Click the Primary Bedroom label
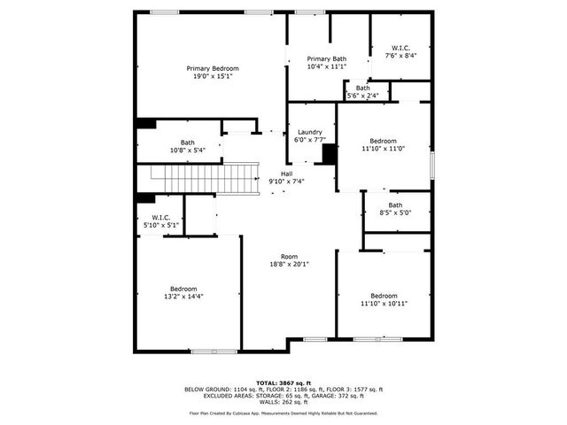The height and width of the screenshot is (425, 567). (212, 68)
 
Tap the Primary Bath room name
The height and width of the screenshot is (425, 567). (326, 58)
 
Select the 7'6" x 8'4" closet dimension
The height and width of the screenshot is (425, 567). (400, 55)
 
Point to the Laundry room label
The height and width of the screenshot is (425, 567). (309, 131)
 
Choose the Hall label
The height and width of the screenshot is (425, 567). (286, 173)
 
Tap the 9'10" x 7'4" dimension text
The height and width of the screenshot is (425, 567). (286, 181)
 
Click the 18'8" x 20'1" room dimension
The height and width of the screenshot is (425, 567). (289, 264)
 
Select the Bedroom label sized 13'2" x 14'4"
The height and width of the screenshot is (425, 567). (183, 288)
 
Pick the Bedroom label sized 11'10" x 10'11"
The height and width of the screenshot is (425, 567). (384, 295)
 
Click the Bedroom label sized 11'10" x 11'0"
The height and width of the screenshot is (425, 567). (383, 141)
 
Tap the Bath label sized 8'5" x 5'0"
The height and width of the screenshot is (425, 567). (394, 205)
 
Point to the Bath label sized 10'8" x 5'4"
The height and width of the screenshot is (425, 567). (188, 142)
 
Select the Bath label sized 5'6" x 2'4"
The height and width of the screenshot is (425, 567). (363, 88)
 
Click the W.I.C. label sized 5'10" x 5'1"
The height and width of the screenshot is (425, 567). (161, 217)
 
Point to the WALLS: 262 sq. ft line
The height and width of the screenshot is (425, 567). (283, 402)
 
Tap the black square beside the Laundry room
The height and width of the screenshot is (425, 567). (329, 154)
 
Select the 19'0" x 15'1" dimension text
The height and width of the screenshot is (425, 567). (212, 76)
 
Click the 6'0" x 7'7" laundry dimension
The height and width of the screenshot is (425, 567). (309, 139)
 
